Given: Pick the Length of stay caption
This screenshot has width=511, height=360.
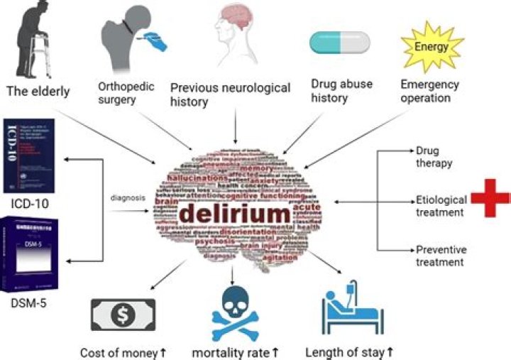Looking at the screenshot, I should tap(348, 352).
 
